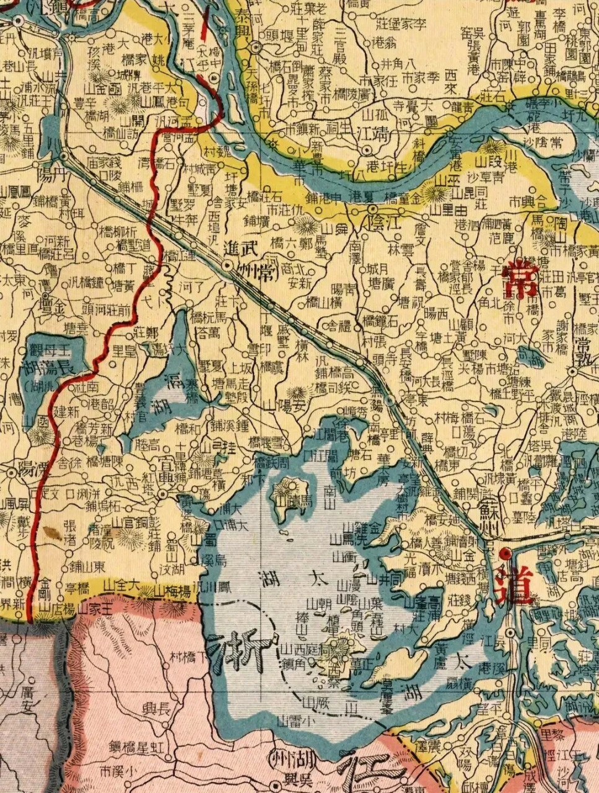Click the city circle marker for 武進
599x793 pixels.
point(227,265)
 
